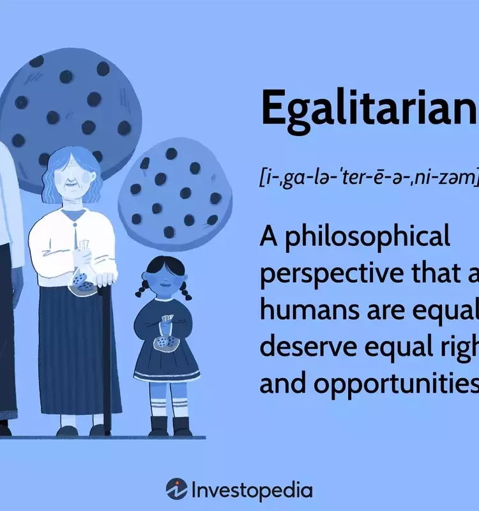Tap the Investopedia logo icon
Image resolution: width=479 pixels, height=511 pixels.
(x=176, y=489)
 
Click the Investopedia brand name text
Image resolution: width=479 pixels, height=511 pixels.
(x=252, y=490)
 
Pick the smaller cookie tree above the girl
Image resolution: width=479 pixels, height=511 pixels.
(x=176, y=192)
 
